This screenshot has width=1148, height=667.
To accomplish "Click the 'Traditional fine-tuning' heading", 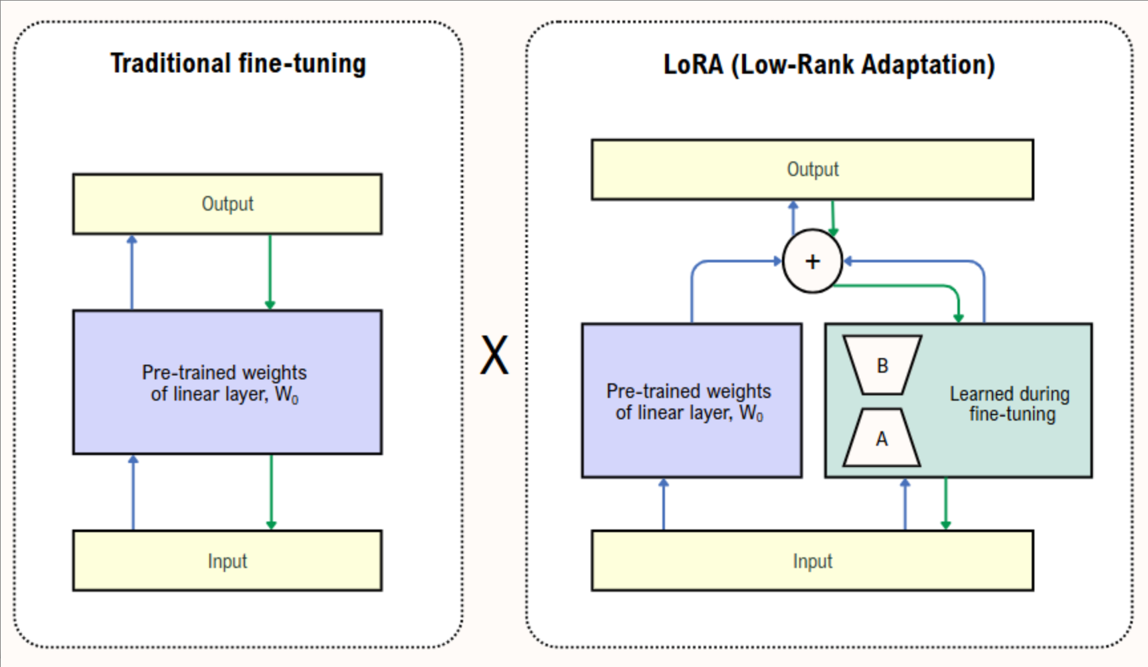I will pos(238,64).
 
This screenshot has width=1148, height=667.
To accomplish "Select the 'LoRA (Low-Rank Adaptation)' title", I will pos(829,64).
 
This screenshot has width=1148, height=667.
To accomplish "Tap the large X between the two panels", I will pos(494,355).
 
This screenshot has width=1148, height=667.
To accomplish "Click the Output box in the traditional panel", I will pos(227,204).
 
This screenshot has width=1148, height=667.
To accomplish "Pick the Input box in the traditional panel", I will pos(227,561).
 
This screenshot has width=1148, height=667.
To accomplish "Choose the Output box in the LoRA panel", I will pos(812,169).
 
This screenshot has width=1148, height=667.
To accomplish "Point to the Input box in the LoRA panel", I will pos(812,561).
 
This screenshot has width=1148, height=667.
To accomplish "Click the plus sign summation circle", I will pos(812,261).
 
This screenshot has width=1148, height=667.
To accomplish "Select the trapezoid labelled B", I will pos(882,365).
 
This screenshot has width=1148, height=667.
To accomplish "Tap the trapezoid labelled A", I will pos(882,438).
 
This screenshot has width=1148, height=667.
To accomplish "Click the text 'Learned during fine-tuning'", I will pos(1010,403).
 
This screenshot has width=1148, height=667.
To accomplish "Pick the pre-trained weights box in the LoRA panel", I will pos(691,401).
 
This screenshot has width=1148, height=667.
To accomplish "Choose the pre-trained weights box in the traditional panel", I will pos(227,382).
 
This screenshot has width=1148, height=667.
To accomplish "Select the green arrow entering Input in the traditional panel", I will pos(271,492).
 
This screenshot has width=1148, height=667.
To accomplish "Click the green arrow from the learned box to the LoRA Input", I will pos(945,503).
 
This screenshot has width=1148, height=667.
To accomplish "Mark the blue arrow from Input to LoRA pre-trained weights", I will pos(663,504).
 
